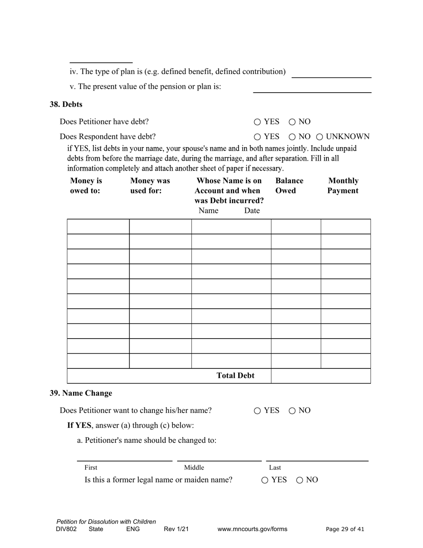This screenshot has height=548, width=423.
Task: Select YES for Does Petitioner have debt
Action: coord(257,122)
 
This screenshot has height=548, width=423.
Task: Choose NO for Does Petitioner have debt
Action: coord(292,122)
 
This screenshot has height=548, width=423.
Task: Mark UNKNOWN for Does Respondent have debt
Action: coord(319,137)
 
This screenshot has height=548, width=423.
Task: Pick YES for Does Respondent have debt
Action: coord(257,137)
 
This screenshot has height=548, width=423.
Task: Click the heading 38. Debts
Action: coord(66,104)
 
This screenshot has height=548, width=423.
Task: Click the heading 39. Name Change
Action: coord(81,393)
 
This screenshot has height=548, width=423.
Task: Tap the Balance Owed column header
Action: coord(289,186)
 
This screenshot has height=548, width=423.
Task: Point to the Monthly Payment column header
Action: coord(343,186)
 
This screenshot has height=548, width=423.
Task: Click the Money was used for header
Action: coord(150,186)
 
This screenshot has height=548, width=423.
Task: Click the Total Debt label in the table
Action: coord(235,376)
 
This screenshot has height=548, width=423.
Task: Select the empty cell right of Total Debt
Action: coord(321,376)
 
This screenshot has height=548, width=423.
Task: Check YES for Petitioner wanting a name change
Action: coord(257,411)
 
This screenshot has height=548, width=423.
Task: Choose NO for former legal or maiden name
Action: coord(300,480)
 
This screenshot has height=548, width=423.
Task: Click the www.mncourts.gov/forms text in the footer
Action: coord(252,529)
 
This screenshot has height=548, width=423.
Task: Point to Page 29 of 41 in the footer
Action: coord(345,529)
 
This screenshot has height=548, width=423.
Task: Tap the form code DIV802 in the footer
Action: coord(66,529)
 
